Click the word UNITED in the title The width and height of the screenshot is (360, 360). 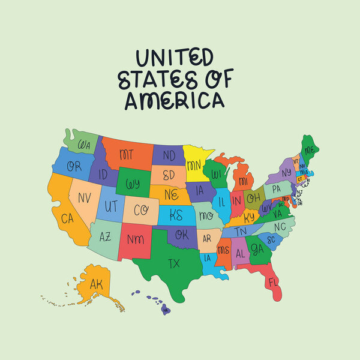(x=174, y=58)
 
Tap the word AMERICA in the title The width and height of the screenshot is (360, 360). (x=174, y=100)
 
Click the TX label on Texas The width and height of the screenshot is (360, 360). (x=174, y=263)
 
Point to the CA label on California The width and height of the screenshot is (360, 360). (x=67, y=219)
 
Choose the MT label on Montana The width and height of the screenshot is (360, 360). (x=126, y=155)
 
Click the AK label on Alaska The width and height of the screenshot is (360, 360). (x=96, y=284)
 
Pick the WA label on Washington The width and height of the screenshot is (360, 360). (x=84, y=145)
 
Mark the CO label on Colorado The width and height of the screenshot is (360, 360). (x=140, y=211)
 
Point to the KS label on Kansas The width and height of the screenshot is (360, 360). (x=176, y=215)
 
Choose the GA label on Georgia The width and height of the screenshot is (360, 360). (x=257, y=248)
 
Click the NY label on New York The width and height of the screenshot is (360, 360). (x=286, y=173)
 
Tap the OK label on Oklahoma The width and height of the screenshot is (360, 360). (x=182, y=235)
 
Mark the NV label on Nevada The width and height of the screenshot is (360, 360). (x=85, y=196)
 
